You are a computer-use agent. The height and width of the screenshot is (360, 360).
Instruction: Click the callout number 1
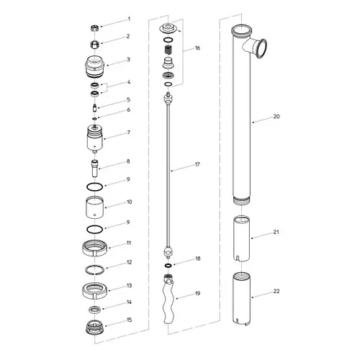[129, 19]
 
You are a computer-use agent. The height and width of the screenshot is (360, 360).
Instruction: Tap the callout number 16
[197, 48]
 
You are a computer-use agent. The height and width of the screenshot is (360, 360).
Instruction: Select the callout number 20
[276, 117]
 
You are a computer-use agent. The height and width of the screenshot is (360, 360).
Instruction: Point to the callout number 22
[276, 291]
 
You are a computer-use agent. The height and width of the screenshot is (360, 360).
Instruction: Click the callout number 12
[129, 262]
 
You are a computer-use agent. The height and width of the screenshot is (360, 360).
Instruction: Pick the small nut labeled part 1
[94, 29]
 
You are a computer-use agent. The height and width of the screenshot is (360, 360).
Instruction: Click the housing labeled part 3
[95, 66]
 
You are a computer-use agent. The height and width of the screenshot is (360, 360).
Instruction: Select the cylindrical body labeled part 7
[95, 140]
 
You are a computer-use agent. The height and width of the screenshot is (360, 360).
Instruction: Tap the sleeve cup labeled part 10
[94, 207]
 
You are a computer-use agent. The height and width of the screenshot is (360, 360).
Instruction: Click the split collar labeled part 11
[95, 248]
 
